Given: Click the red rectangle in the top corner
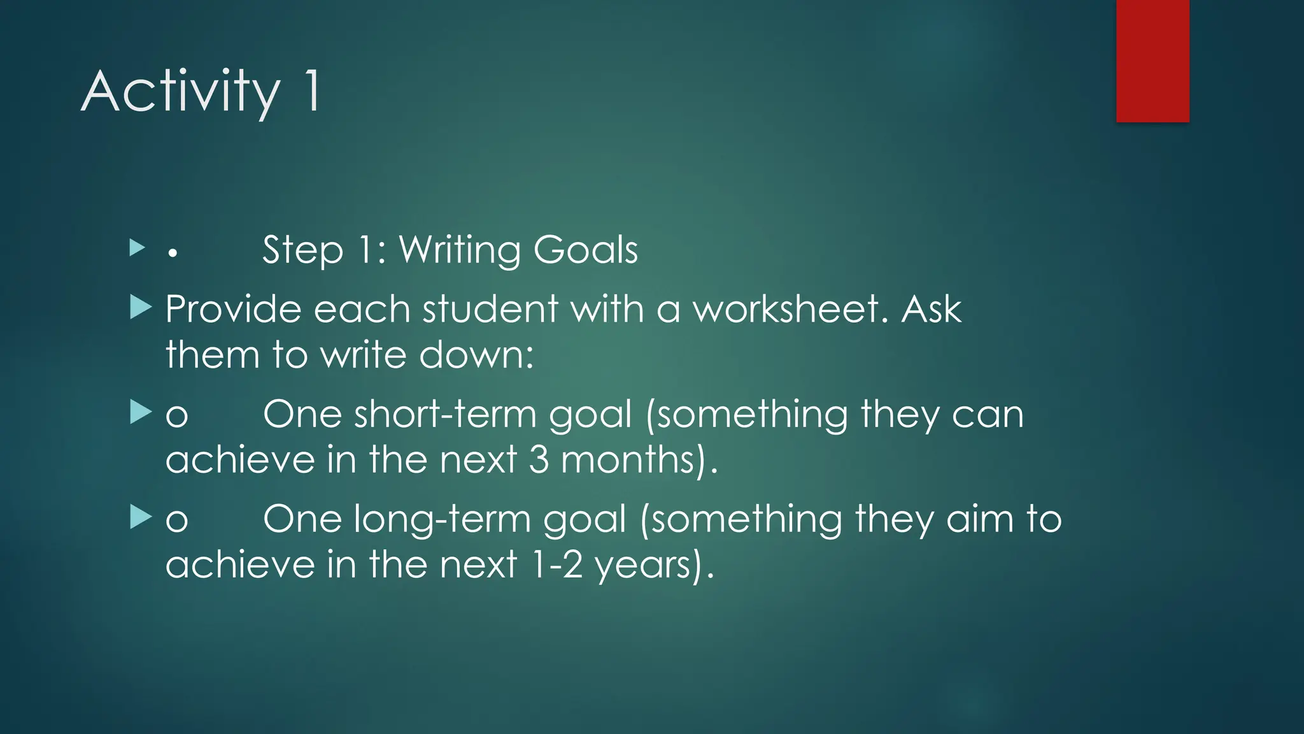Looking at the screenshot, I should [1152, 61].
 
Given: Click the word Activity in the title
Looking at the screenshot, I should [181, 92].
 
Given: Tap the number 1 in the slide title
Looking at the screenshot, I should [312, 92].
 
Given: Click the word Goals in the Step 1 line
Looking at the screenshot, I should [585, 250].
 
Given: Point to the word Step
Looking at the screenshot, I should [302, 250].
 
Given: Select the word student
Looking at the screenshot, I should [490, 310].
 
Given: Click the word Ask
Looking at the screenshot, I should [931, 310].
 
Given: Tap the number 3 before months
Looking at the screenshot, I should [539, 460].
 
